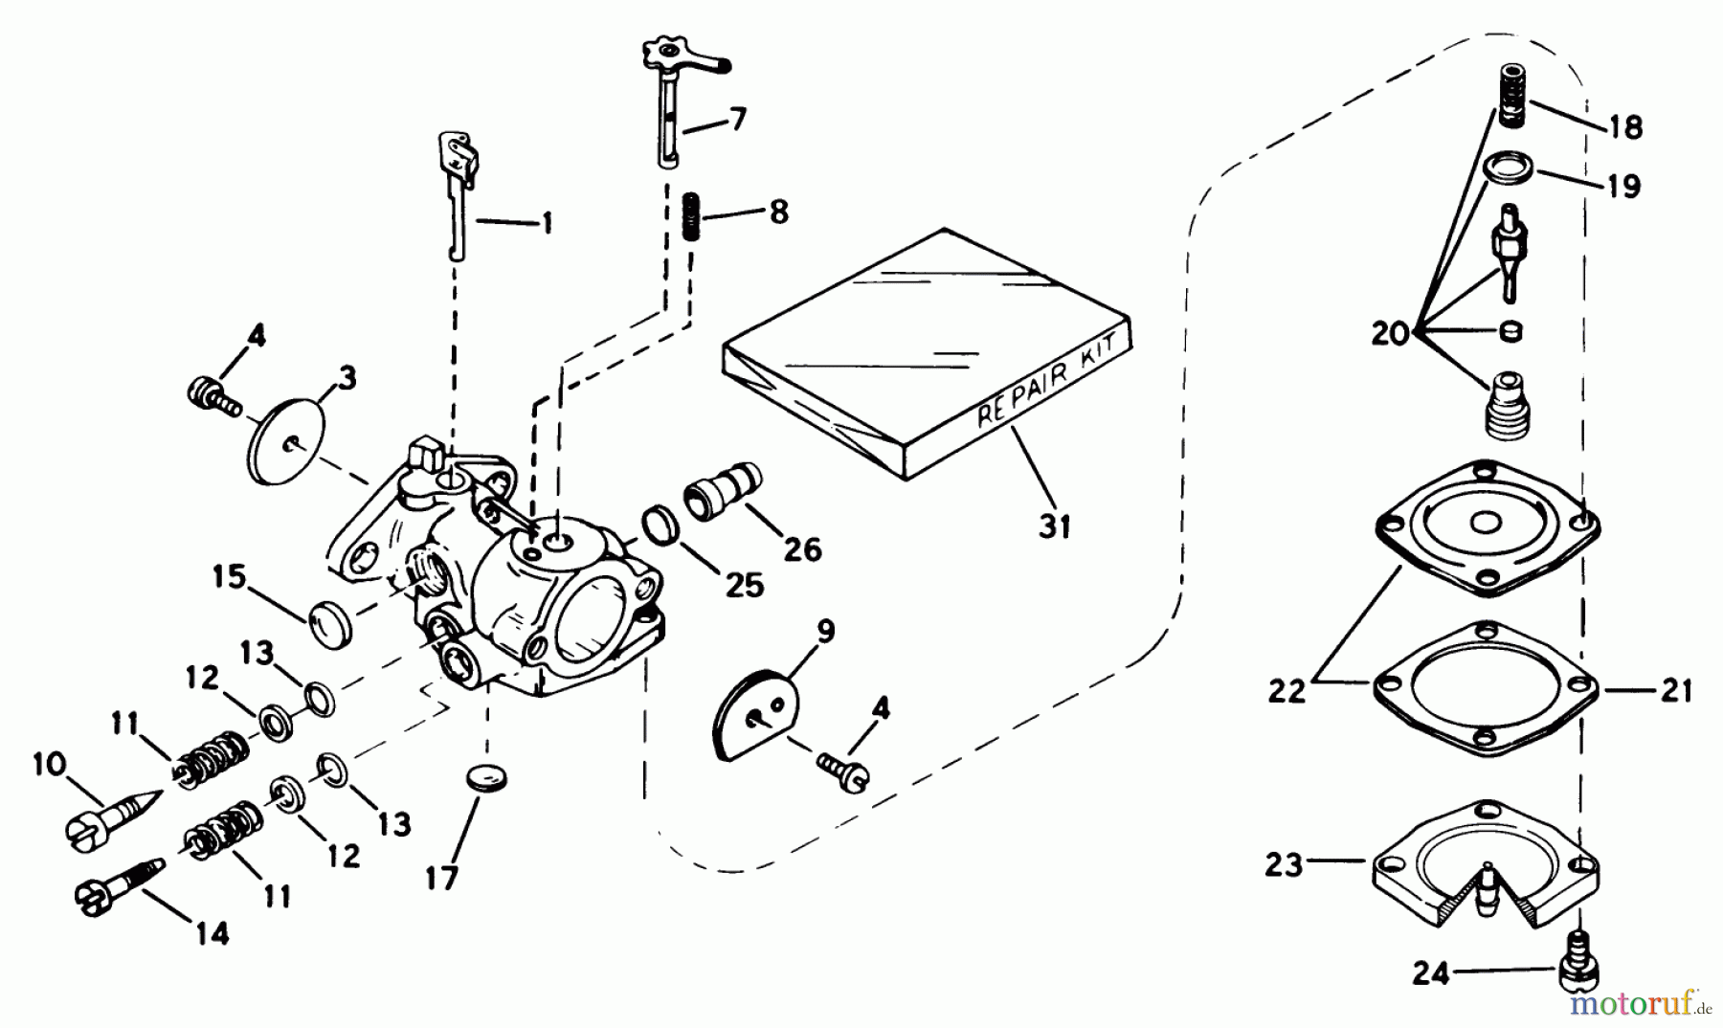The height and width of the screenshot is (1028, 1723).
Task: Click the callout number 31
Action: coord(1055,525)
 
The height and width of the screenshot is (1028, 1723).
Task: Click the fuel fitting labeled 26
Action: coord(722,491)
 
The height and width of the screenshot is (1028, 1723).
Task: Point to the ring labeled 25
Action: coord(660,525)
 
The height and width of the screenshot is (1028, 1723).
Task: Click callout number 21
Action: coord(1676,690)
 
